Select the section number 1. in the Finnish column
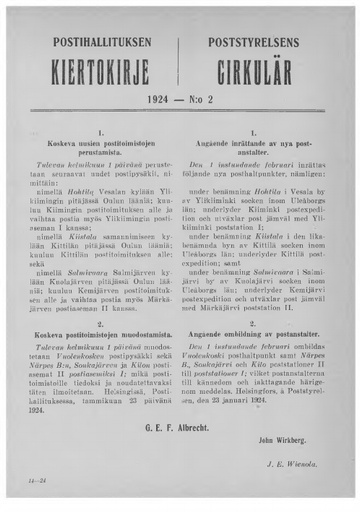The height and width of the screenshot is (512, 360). point(102,132)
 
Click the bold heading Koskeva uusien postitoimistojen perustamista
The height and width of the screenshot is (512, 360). point(102,148)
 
